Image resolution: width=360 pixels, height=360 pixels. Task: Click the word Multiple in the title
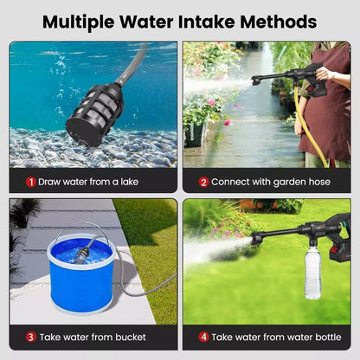(x=80, y=21)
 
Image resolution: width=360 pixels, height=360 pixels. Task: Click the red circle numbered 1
(x=31, y=182)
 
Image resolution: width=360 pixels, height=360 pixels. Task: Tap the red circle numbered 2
(x=204, y=182)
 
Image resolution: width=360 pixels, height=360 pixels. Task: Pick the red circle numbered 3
(x=30, y=337)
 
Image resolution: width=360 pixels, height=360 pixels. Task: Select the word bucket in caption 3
(x=129, y=337)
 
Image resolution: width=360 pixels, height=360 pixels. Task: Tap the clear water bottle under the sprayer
(x=312, y=273)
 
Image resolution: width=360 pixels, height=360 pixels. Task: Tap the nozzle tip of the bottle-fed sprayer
(x=256, y=240)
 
